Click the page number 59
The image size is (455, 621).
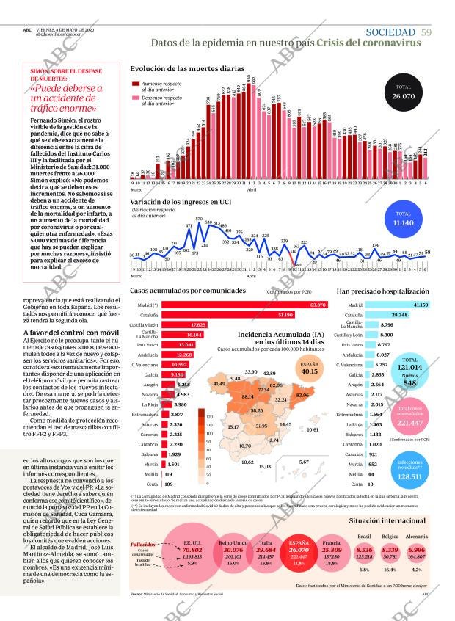tap(426, 32)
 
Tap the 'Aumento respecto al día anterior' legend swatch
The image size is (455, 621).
tap(136, 85)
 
